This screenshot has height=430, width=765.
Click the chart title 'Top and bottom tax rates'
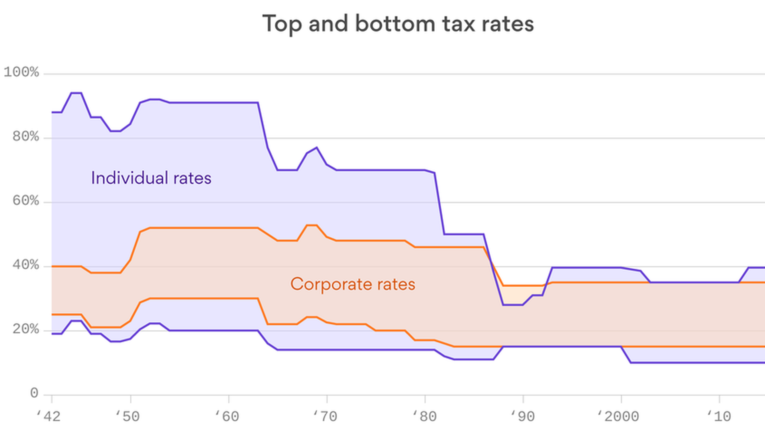pos(398,24)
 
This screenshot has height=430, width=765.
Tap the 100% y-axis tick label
pos(22,72)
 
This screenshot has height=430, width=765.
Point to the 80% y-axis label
pos(26,137)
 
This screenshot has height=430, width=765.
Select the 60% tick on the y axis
pos(26,201)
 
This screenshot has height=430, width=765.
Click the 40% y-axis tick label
pos(26,265)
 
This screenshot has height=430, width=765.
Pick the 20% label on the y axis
pos(26,330)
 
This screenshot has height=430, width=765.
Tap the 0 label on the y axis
pos(34,393)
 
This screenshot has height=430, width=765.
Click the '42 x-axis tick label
pos(49,416)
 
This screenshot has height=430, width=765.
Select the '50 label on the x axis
pos(127,416)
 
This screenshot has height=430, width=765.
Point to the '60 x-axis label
pos(227,416)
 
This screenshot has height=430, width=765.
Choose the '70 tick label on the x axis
pos(325,416)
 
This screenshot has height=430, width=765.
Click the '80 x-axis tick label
pos(424,416)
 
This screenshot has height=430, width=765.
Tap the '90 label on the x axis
pos(522,416)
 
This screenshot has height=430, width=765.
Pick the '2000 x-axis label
pos(618,416)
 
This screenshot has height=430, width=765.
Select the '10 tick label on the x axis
pos(719,416)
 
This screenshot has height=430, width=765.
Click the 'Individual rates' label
pos(151,178)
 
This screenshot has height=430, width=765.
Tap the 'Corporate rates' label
pos(353,284)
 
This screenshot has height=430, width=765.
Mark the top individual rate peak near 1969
pos(317,148)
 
